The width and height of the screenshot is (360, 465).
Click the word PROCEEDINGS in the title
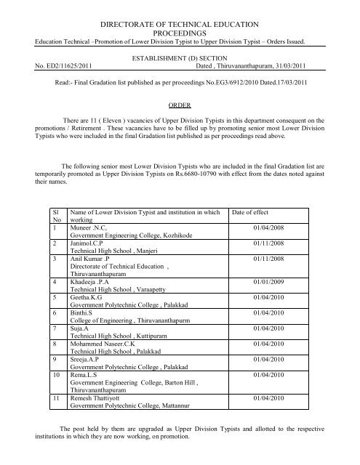tap(180, 28)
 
